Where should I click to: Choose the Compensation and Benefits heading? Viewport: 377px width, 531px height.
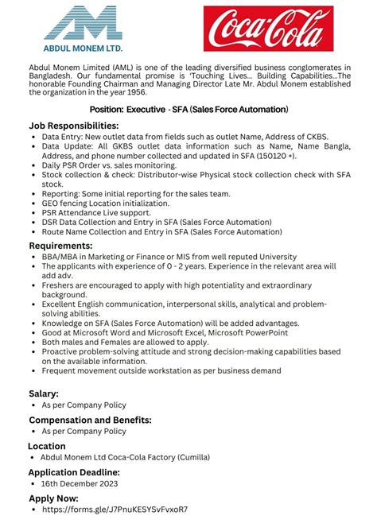(90, 419)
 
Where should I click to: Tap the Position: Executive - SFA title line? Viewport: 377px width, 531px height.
(188, 108)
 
